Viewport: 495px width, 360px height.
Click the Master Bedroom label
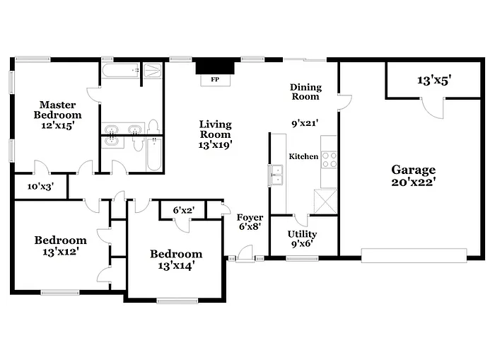click(59, 114)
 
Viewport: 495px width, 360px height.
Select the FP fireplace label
click(214, 80)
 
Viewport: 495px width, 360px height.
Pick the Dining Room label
click(305, 91)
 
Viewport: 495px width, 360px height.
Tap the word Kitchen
click(303, 156)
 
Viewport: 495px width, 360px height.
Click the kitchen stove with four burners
click(330, 160)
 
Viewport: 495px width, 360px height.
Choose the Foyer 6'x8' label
click(250, 222)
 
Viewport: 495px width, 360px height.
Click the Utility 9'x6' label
click(302, 239)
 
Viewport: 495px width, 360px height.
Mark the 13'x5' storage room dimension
click(434, 81)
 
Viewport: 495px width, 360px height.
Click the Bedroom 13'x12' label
click(60, 245)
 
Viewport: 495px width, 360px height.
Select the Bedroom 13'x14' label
click(175, 260)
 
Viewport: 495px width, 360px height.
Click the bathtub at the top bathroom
click(120, 71)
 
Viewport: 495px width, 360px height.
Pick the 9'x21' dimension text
click(305, 122)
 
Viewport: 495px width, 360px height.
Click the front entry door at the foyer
click(245, 252)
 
